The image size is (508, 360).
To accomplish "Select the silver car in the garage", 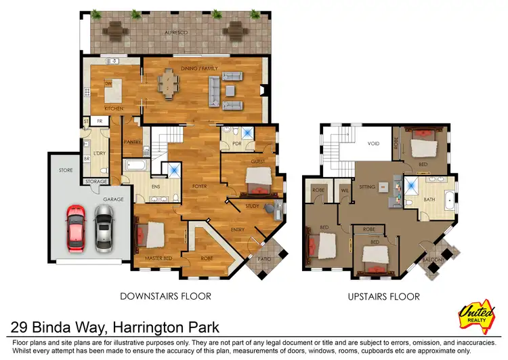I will point(104,228).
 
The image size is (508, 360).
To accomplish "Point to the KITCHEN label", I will point(113,108).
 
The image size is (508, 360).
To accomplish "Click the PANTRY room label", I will point(132,142).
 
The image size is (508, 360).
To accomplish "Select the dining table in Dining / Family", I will point(167,85).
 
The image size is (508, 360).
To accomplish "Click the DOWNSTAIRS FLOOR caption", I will point(165,296).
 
